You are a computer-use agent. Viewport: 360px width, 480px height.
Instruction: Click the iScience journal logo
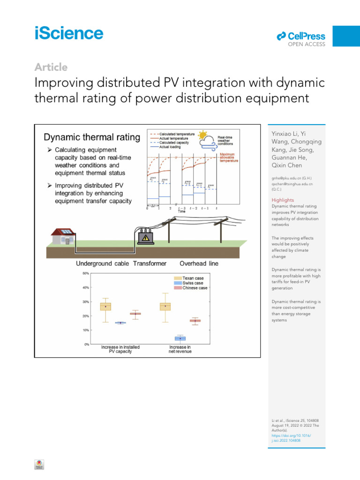pyautogui.click(x=68, y=33)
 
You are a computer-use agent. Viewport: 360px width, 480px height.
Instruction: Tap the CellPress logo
pyautogui.click(x=301, y=36)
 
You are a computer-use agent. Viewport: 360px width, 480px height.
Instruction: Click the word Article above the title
pyautogui.click(x=51, y=67)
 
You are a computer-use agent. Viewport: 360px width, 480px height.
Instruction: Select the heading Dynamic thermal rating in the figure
pyautogui.click(x=92, y=137)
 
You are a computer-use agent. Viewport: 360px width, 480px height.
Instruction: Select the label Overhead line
pyautogui.click(x=199, y=263)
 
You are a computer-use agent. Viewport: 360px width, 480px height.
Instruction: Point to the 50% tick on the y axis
pyautogui.click(x=86, y=273)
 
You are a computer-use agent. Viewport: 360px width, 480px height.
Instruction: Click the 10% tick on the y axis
pyautogui.click(x=86, y=330)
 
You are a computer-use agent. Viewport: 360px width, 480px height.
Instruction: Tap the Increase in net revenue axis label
pyautogui.click(x=180, y=349)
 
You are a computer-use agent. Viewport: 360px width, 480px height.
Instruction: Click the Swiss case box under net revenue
pyautogui.click(x=180, y=338)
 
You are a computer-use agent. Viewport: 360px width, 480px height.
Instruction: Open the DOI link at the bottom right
pyautogui.click(x=291, y=438)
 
